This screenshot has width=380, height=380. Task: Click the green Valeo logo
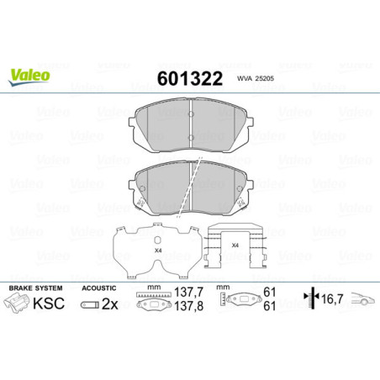[29, 75]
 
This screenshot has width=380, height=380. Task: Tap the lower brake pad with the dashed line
[190, 186]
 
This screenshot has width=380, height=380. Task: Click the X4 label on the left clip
[156, 250]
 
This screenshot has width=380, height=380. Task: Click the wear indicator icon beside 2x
[89, 304]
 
